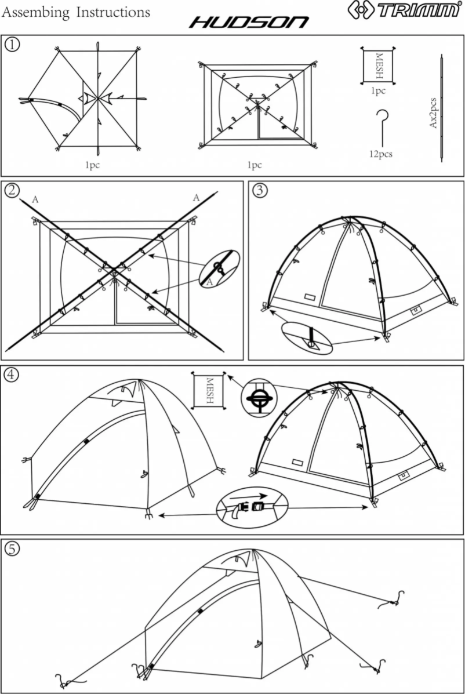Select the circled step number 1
(12, 45)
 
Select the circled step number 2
(12, 189)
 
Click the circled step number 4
(11, 374)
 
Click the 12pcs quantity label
(380, 154)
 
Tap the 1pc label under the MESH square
(379, 90)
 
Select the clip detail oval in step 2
(219, 268)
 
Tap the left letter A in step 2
(35, 199)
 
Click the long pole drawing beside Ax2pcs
(442, 110)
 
